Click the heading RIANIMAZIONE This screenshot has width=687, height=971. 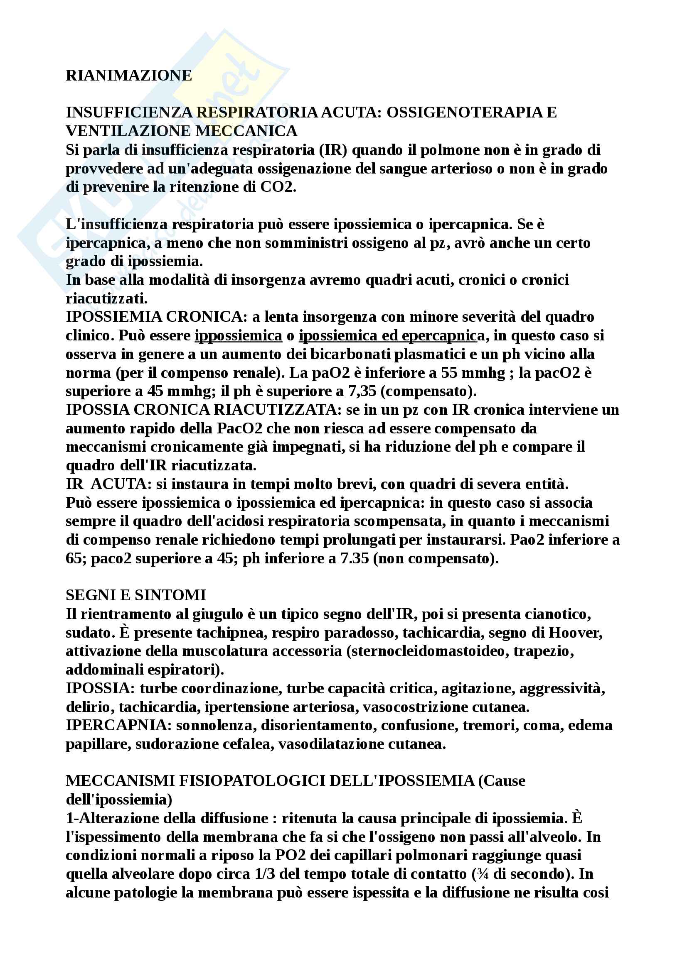129,75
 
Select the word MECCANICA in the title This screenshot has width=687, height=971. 246,131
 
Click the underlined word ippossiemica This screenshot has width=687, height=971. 238,335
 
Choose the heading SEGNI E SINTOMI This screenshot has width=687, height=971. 136,595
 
